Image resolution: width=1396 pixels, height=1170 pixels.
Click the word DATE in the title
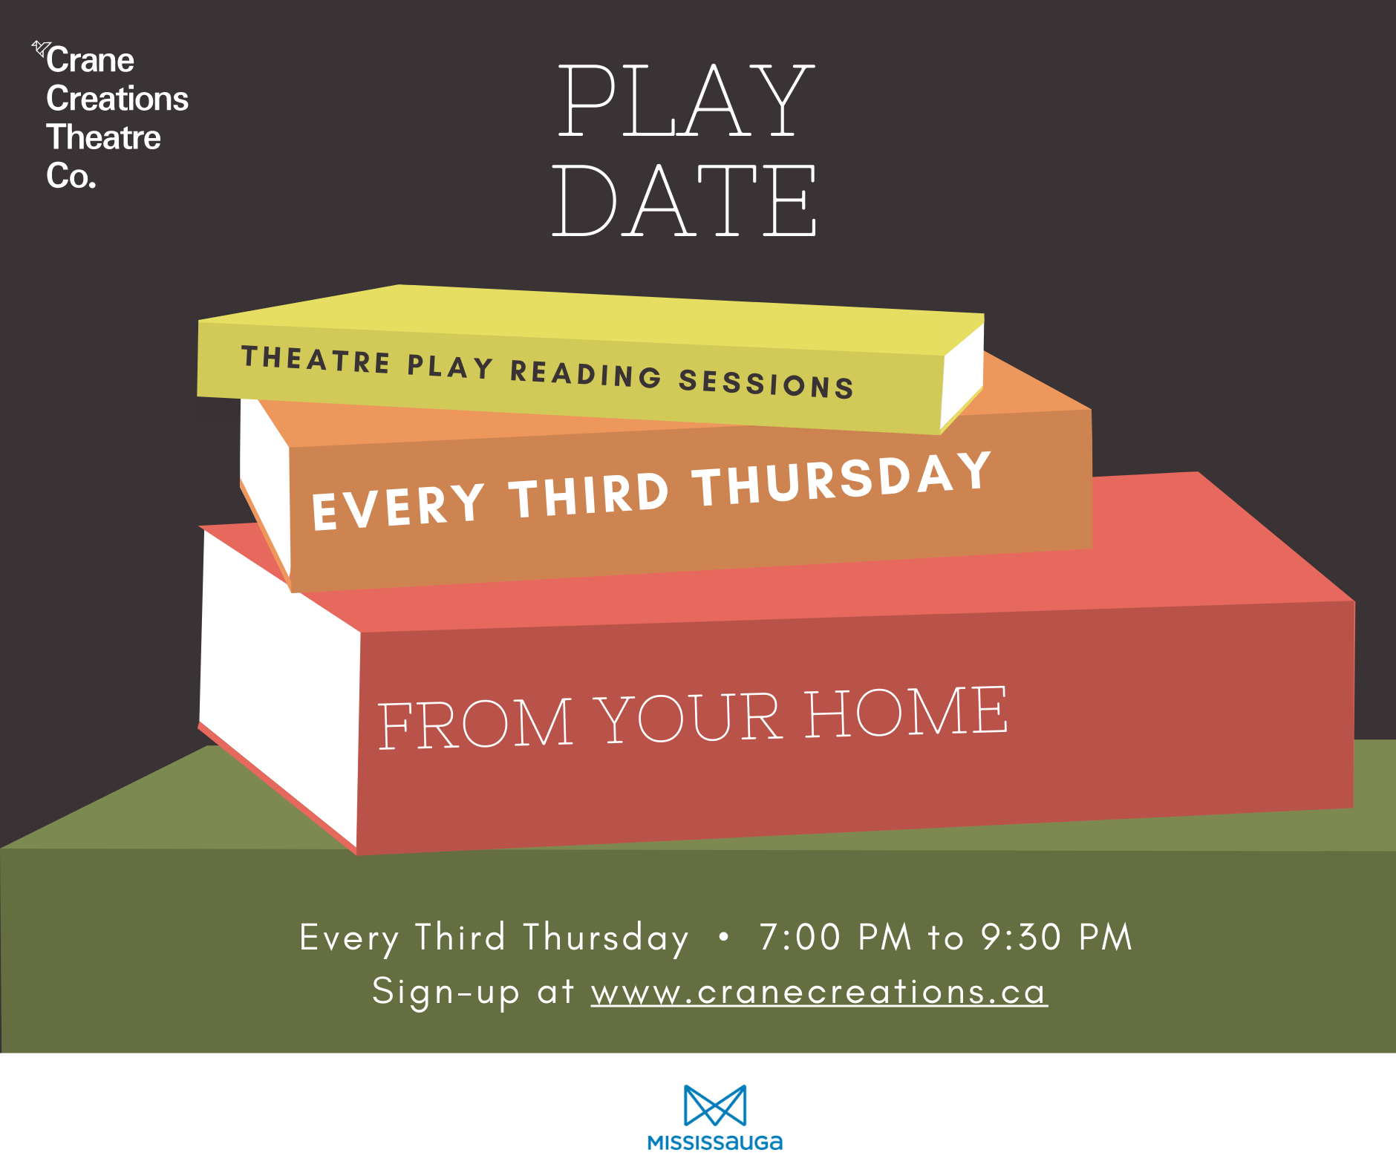[x=684, y=200]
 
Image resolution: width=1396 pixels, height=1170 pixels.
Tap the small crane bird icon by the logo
[x=40, y=49]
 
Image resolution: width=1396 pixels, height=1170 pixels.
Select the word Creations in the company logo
[x=117, y=99]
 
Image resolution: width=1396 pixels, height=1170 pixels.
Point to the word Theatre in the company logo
[x=103, y=137]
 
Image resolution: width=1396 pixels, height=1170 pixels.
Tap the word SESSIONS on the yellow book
[x=766, y=383]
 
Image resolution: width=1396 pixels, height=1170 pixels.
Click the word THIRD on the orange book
[x=589, y=495]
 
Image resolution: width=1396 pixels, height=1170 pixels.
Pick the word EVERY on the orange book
[x=399, y=506]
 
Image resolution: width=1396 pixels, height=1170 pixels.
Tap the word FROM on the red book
[x=475, y=723]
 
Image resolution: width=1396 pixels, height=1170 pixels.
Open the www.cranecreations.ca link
[x=819, y=992]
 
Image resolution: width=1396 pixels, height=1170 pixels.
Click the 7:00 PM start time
[x=835, y=937]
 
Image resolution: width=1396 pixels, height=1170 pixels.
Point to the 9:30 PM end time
[x=1056, y=937]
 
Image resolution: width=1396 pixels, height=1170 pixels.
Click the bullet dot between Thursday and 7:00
[x=724, y=937]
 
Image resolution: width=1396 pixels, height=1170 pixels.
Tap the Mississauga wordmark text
[x=715, y=1143]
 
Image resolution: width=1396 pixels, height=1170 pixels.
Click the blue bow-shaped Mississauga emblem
[x=715, y=1105]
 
